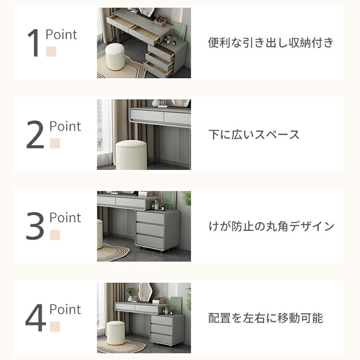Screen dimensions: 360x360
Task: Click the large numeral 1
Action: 33,43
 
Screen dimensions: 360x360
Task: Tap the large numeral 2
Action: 35,134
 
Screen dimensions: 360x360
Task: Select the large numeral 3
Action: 35,226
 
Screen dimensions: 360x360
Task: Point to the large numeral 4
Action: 36,318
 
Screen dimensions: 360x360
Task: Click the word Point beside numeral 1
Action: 61,35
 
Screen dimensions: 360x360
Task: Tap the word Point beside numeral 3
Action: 65,217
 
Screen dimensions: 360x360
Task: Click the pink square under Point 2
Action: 55,143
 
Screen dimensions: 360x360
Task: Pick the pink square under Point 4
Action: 55,326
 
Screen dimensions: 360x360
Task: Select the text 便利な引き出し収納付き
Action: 271,43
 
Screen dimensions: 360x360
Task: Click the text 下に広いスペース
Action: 254,134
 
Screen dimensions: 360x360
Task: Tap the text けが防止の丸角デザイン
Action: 271,226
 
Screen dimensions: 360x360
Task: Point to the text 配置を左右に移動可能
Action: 265,318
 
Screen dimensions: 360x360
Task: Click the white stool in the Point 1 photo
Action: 115,57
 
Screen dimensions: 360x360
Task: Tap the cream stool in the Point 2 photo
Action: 131,155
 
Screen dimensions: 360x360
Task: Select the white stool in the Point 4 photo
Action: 116,333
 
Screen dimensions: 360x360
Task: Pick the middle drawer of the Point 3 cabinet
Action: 150,229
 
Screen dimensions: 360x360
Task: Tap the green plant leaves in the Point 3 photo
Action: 186,198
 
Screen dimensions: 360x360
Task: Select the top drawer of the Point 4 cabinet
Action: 162,320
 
